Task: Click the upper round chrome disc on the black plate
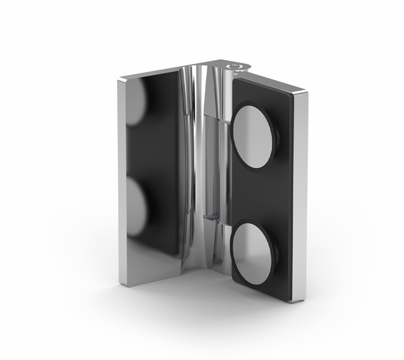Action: [x=252, y=138]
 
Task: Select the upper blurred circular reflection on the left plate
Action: [x=137, y=101]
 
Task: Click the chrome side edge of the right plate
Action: [x=300, y=195]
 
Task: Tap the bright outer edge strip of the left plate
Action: [x=122, y=182]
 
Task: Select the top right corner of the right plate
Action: [x=307, y=94]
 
